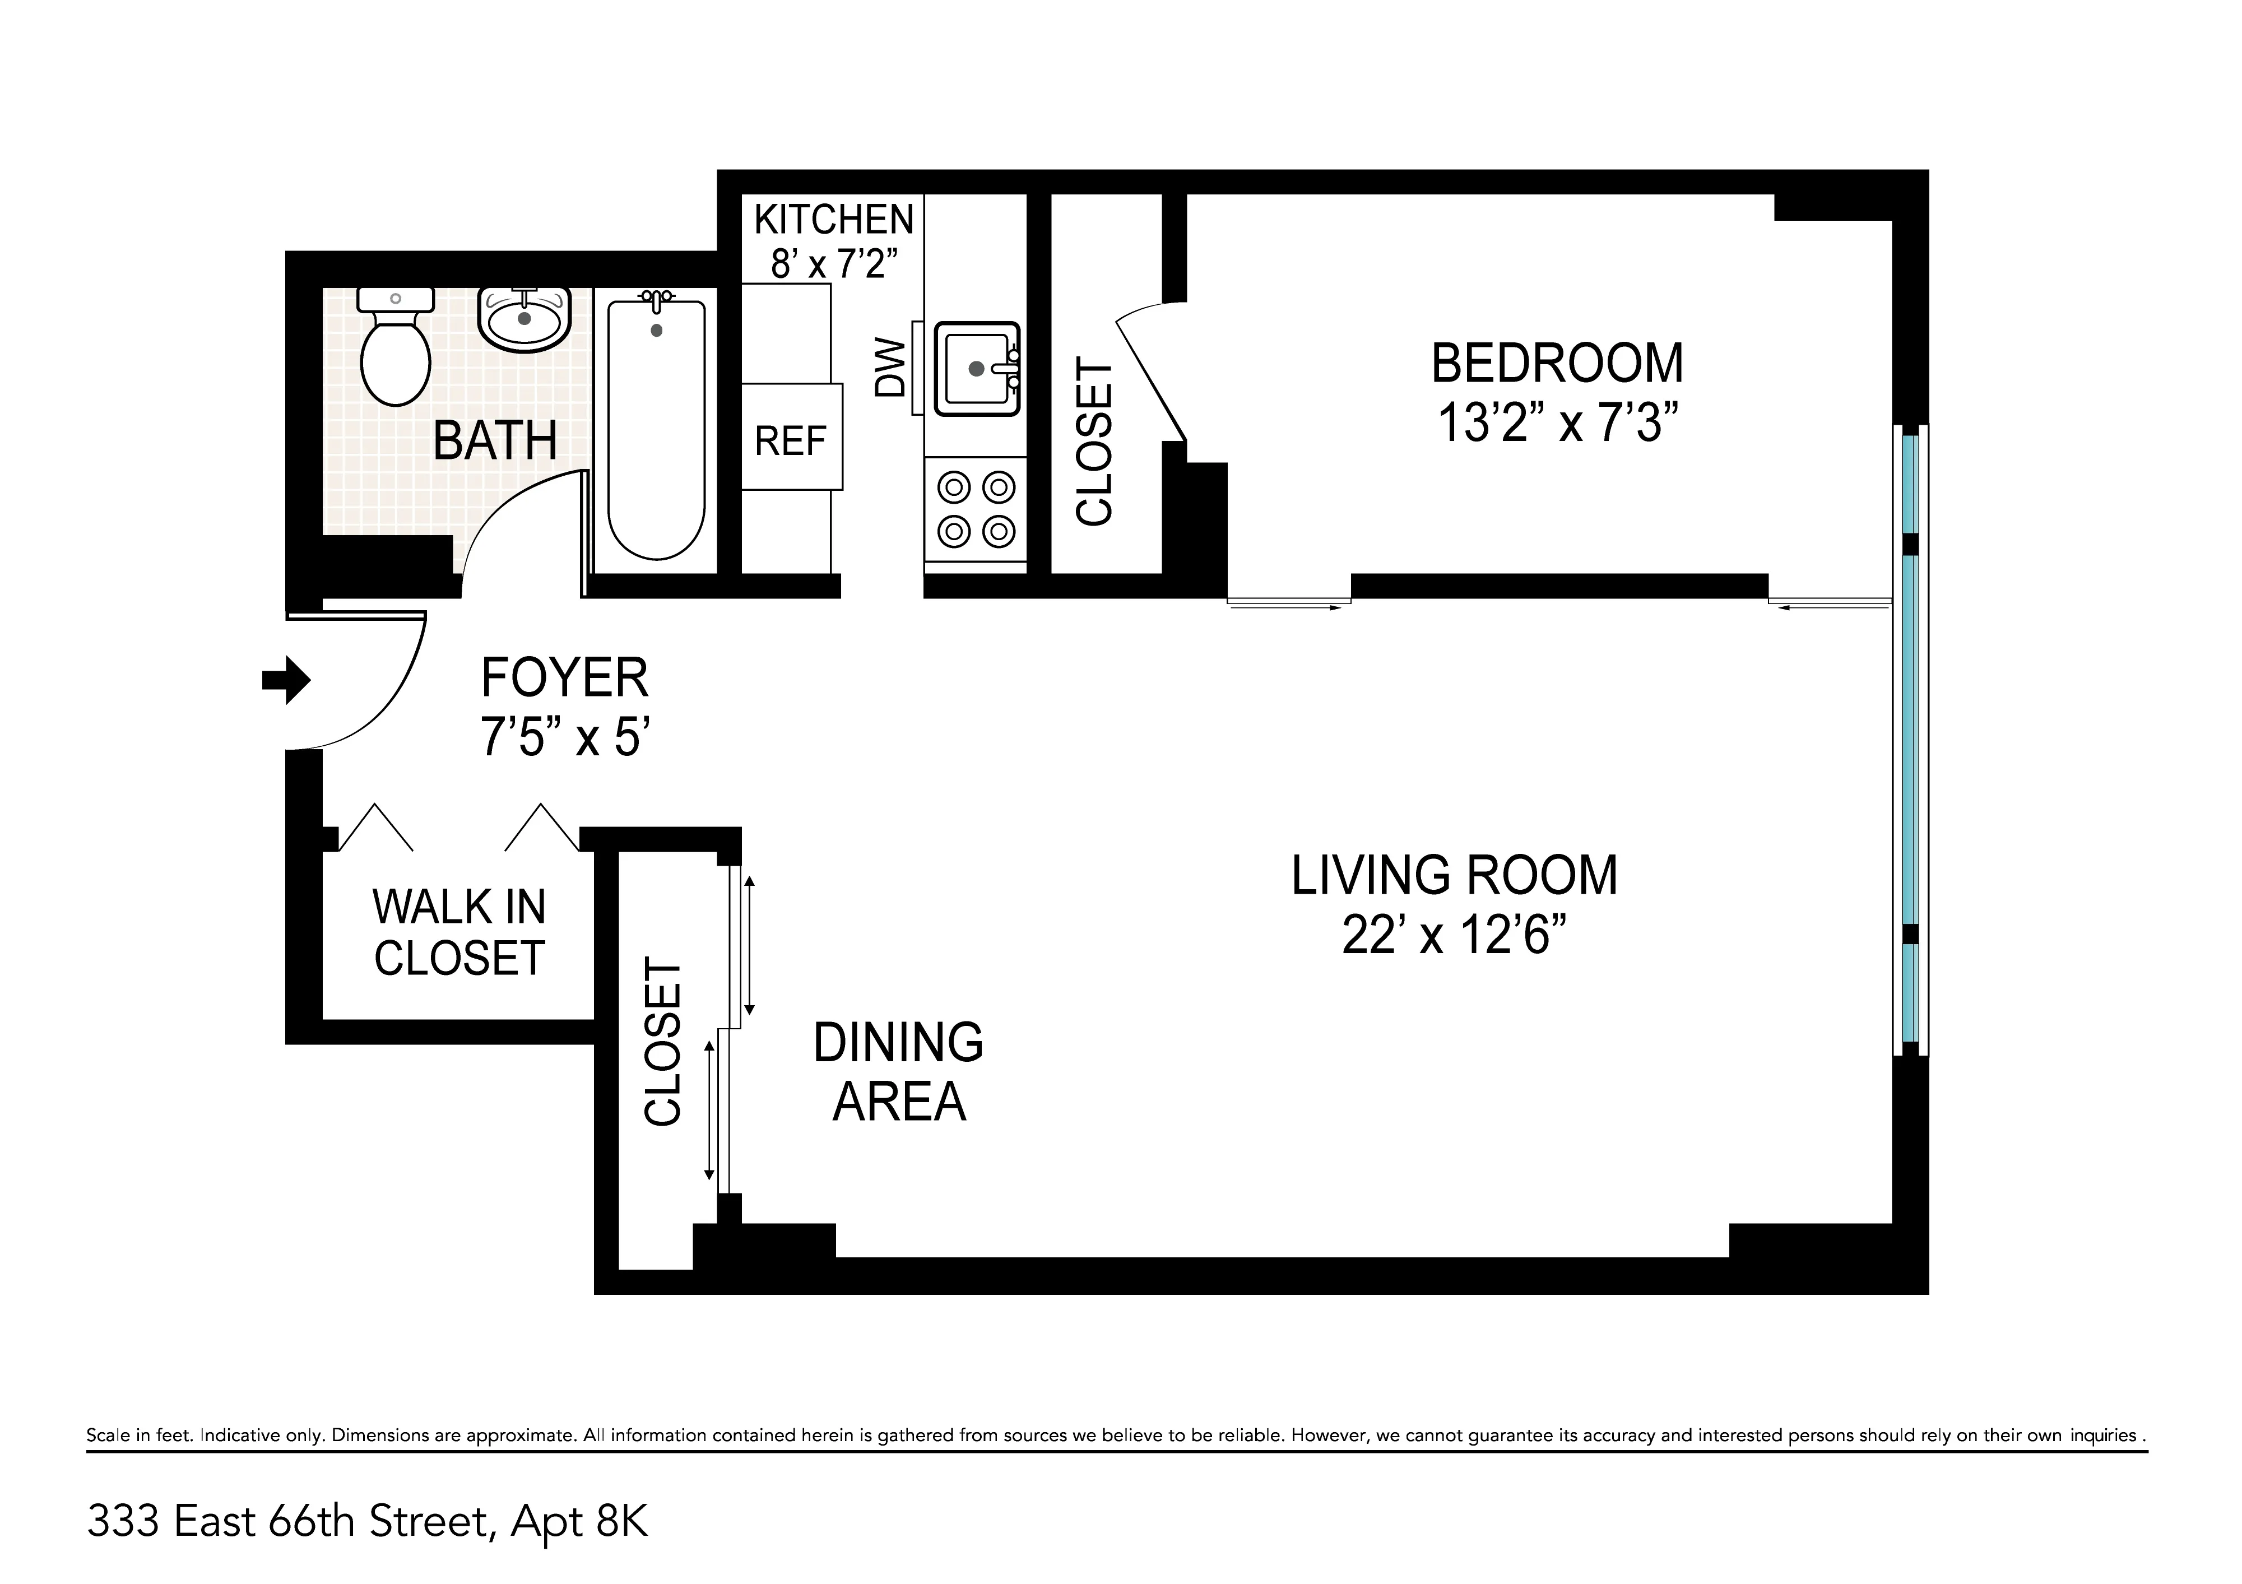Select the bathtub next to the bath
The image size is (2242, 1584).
(x=656, y=430)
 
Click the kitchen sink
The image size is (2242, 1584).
(x=977, y=368)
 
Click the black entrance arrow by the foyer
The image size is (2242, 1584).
(x=286, y=679)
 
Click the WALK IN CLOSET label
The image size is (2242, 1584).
(x=459, y=932)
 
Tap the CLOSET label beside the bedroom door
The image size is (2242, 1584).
(x=1094, y=442)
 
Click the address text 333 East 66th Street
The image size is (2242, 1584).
(x=288, y=1521)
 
